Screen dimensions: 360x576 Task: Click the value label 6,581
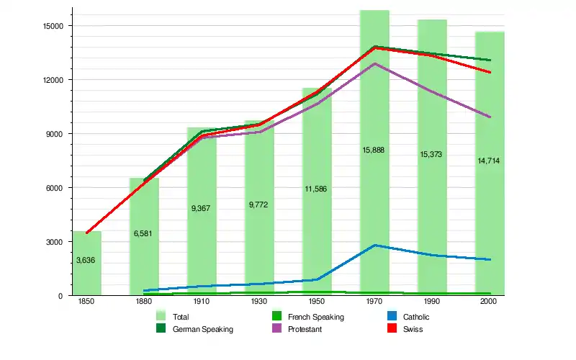[143, 234]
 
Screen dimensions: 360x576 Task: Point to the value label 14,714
[489, 161]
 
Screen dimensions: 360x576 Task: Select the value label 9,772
[258, 205]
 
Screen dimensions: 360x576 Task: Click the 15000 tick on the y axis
[54, 26]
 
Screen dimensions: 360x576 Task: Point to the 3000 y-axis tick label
[56, 242]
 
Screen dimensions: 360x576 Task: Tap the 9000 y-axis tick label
[56, 134]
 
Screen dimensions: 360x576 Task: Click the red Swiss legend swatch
[392, 329]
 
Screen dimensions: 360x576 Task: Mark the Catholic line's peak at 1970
[374, 246]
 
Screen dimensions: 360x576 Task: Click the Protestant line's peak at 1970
[374, 63]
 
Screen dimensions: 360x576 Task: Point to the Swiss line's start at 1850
[86, 233]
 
